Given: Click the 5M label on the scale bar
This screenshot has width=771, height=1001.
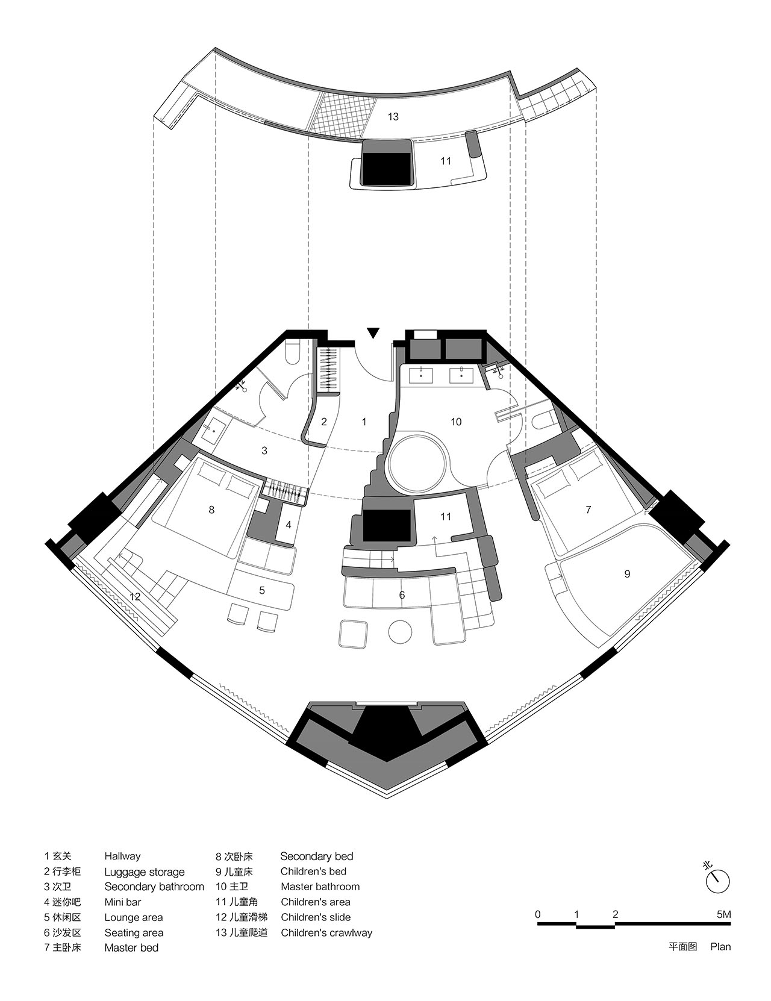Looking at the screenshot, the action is (723, 914).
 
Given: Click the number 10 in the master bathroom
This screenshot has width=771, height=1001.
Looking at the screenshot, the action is (455, 422).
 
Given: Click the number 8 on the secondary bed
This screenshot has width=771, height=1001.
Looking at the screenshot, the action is (211, 510).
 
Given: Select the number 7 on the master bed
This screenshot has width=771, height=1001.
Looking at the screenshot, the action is (588, 510).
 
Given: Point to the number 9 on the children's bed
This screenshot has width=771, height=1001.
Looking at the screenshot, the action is (627, 574).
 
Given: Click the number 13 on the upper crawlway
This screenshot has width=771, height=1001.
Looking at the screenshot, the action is (393, 117).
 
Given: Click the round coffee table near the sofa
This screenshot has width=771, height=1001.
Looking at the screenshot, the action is (400, 632).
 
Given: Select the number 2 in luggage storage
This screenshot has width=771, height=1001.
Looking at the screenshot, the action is (324, 422).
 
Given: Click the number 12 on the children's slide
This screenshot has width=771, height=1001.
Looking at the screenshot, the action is (135, 596).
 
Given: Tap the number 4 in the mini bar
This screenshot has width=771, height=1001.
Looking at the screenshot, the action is (289, 525).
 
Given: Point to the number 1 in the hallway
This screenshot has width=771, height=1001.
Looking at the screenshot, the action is (364, 422).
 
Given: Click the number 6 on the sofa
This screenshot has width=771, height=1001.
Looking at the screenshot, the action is (402, 595).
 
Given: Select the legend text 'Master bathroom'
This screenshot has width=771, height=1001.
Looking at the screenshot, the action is (320, 887).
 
